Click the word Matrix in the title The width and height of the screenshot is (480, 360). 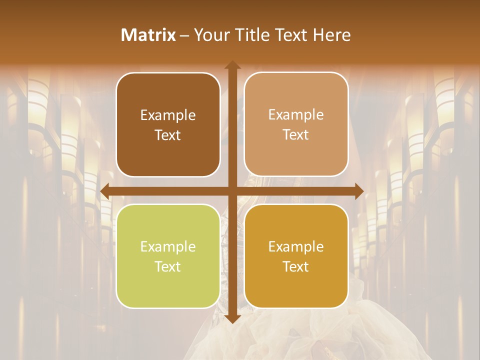click(x=148, y=35)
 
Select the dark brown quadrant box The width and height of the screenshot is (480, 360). click(x=168, y=124)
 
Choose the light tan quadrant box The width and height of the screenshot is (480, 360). click(x=296, y=124)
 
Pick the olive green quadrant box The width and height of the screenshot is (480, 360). click(x=168, y=256)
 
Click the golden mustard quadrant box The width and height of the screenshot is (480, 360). click(x=296, y=256)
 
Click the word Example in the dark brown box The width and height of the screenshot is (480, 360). click(x=168, y=115)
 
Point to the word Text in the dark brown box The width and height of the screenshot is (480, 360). click(x=168, y=135)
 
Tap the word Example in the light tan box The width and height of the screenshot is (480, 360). click(x=296, y=115)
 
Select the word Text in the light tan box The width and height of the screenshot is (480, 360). click(x=296, y=134)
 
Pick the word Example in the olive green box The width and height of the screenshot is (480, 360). click(x=168, y=247)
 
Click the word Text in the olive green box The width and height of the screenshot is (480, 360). click(x=168, y=266)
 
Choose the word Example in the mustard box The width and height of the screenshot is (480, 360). click(x=296, y=246)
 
